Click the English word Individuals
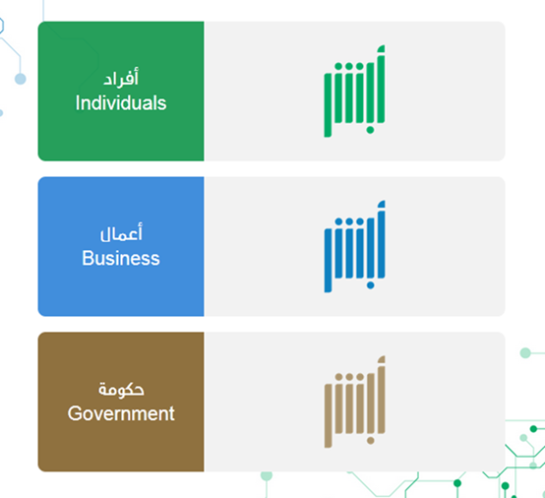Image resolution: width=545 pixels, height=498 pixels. click(x=121, y=103)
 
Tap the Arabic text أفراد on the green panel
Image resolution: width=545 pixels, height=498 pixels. click(x=121, y=77)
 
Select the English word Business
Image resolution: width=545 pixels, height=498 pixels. click(x=121, y=259)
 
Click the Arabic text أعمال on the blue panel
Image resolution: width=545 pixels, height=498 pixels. click(x=121, y=232)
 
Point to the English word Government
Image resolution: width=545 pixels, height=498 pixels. click(x=121, y=413)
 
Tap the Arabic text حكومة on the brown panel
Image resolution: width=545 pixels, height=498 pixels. click(x=121, y=389)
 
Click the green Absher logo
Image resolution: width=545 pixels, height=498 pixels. click(x=354, y=91)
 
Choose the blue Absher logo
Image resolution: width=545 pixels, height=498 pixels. click(x=354, y=246)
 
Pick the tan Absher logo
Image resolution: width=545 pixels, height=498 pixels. click(x=354, y=402)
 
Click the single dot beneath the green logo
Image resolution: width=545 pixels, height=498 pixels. click(x=370, y=130)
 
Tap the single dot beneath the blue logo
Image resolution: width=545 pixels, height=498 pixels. click(x=370, y=285)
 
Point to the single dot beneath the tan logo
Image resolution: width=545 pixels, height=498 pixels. click(x=370, y=441)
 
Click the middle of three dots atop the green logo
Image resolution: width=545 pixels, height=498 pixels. click(x=349, y=66)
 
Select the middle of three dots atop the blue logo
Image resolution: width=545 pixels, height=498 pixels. click(x=349, y=221)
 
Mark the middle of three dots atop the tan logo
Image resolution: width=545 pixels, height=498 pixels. click(x=349, y=377)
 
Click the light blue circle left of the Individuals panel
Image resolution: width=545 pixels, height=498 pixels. click(x=20, y=79)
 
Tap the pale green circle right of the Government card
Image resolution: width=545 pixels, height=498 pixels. click(x=525, y=353)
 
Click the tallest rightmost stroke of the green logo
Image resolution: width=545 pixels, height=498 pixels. click(x=381, y=85)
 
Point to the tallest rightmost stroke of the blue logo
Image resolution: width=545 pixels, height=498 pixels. click(x=381, y=239)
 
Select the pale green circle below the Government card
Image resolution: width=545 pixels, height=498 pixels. click(x=267, y=475)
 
